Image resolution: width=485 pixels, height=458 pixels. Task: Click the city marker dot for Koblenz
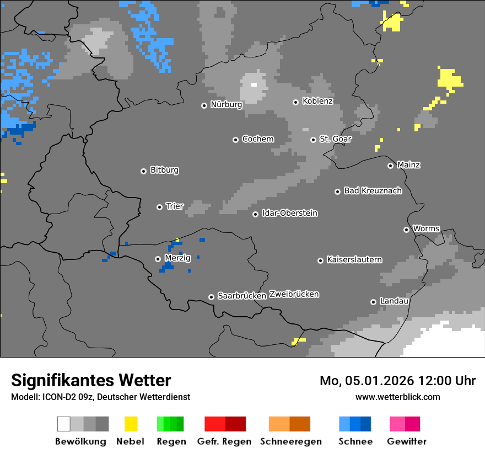[295, 102]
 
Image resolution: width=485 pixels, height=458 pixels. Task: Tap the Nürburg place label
[226, 104]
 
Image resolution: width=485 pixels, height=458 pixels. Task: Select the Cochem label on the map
[257, 139]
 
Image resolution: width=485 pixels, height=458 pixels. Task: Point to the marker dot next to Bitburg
[143, 171]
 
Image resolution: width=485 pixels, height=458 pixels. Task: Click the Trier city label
[175, 206]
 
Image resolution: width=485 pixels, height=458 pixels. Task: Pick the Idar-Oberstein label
[289, 213]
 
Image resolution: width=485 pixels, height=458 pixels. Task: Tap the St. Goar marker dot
[313, 140]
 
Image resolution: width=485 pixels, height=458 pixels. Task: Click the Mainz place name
[408, 164]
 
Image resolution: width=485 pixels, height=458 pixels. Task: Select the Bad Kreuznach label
[373, 190]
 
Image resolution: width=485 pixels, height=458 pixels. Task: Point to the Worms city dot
[406, 230]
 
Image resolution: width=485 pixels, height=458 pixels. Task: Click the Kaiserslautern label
[354, 259]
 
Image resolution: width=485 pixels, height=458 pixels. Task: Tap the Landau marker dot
[373, 302]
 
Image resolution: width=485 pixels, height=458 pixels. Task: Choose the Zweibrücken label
[294, 294]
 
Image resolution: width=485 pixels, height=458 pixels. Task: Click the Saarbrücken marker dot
[211, 297]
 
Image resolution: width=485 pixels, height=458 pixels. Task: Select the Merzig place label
[177, 258]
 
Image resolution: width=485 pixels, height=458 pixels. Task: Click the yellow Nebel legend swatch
[131, 424]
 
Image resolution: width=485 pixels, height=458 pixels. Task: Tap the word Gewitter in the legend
[406, 441]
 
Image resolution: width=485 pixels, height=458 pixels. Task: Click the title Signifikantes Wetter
[91, 380]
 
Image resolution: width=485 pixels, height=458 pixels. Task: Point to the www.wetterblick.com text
[397, 397]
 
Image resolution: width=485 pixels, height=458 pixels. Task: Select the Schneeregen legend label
[290, 441]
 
